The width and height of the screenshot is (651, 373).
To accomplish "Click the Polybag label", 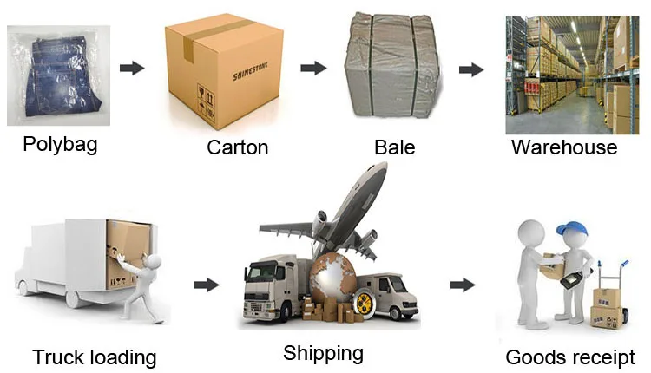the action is click(60, 144).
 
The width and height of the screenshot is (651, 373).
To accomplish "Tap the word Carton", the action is click(237, 147).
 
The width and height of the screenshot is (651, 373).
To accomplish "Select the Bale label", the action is click(394, 147).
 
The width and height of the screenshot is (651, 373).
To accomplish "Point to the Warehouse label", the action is click(563, 147).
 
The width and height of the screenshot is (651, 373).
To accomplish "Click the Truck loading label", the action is click(95, 357).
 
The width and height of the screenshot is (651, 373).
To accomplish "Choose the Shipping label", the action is click(323, 353).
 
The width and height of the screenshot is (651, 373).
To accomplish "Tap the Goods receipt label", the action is click(570, 357).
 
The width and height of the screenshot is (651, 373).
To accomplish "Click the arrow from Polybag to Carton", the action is click(131, 68).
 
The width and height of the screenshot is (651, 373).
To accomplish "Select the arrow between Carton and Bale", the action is click(313, 68).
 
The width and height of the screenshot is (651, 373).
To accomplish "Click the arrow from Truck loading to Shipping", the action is click(206, 285).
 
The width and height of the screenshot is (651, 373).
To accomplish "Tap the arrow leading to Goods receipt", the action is click(463, 285).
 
